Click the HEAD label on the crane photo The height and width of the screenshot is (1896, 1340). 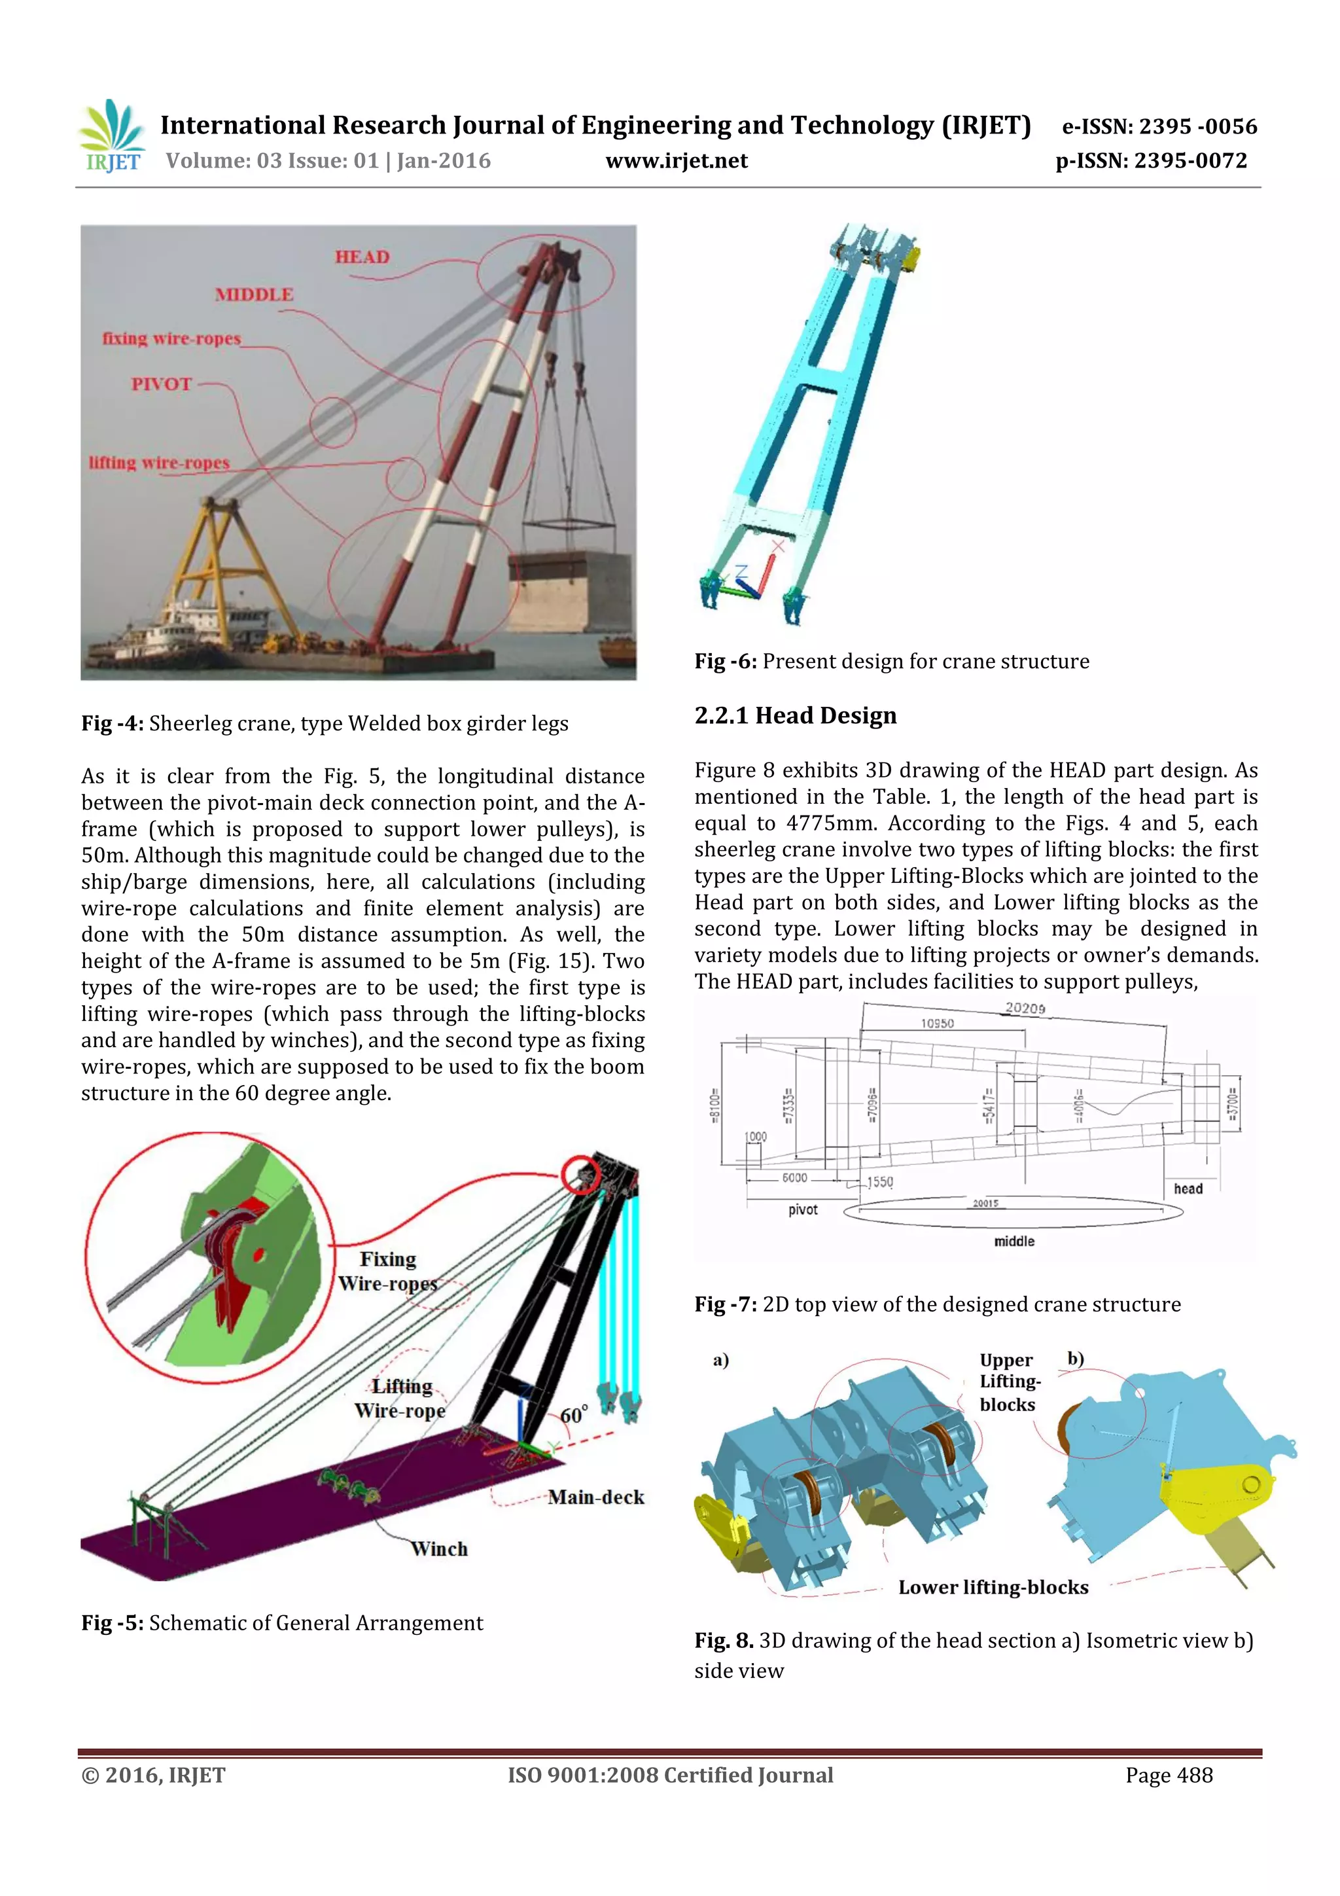pos(362,257)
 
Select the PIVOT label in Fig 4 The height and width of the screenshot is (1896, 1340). pos(162,384)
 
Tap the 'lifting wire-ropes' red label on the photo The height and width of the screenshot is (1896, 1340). pos(158,463)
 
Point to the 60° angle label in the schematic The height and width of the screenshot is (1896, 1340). pos(574,1414)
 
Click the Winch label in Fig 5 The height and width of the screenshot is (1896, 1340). pos(439,1548)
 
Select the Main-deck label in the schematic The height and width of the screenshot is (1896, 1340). pos(595,1496)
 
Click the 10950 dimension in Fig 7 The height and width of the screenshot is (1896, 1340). pos(937,1023)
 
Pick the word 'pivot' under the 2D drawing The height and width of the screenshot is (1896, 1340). pos(803,1209)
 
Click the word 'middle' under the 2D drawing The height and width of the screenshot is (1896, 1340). pos(1014,1241)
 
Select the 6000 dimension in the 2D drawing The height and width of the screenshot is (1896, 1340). pos(794,1177)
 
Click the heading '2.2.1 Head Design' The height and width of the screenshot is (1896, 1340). pos(795,715)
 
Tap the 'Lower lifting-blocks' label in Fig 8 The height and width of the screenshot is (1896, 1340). pos(993,1587)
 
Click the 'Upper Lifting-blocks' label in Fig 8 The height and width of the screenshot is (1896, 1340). pos(1009,1382)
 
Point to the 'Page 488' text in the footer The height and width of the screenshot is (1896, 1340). pos(1169,1775)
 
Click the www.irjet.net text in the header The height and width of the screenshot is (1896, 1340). pos(676,161)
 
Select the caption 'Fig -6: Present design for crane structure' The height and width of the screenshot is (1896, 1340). pos(892,662)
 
